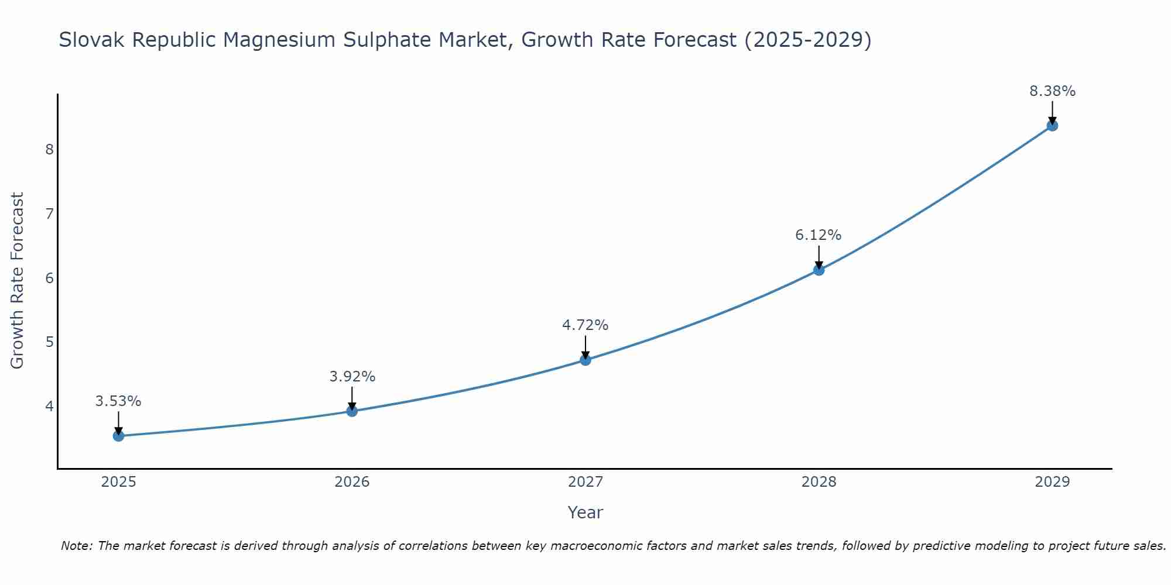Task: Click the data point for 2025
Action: (118, 436)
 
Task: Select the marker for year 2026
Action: (352, 411)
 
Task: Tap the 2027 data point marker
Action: (585, 360)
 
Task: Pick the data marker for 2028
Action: (819, 270)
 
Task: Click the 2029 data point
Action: (1052, 125)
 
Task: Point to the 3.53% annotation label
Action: (118, 401)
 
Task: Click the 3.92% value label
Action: (352, 377)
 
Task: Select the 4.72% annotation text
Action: (585, 325)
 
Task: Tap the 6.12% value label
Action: (819, 235)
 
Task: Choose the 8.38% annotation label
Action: (1052, 91)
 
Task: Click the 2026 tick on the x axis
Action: (352, 482)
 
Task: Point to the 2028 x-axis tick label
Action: (819, 482)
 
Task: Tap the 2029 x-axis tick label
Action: (1052, 482)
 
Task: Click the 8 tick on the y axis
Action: (49, 149)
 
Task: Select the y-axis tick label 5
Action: (49, 342)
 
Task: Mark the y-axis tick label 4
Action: (49, 406)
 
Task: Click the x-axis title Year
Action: (585, 512)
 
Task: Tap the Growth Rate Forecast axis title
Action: (18, 281)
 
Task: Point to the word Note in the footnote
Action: (76, 546)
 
